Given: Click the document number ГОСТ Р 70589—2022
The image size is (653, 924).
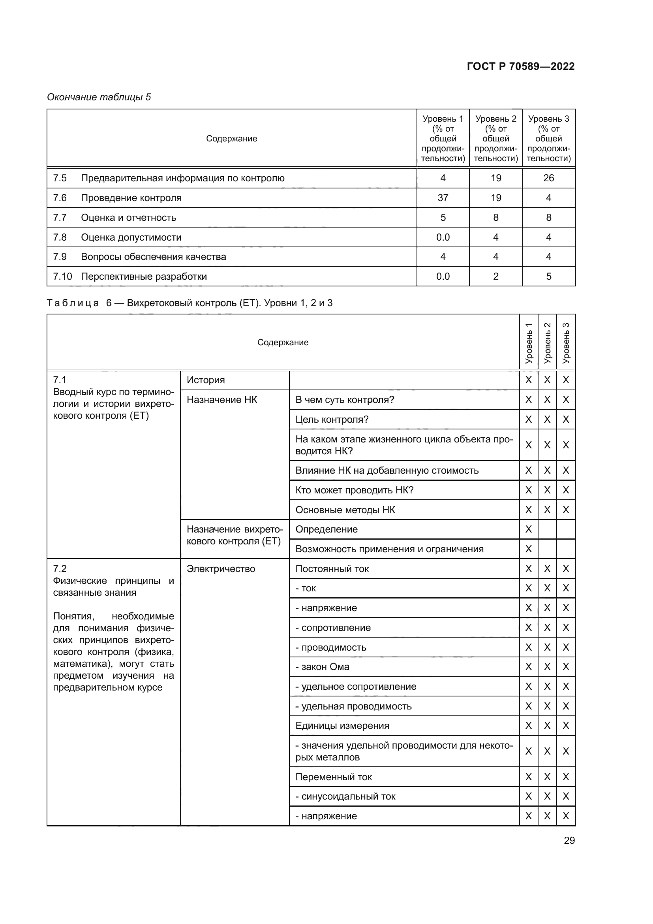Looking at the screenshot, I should (520, 66).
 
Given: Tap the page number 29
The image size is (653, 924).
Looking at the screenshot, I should (569, 840).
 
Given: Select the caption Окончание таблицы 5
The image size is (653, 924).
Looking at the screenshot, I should (99, 97).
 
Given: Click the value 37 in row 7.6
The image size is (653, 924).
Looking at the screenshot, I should (443, 198).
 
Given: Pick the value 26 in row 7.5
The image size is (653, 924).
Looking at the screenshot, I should (548, 178).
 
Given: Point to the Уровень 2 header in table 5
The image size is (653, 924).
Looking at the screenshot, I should (495, 138).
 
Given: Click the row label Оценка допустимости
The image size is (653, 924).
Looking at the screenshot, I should (131, 237).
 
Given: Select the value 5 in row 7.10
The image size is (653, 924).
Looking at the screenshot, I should (548, 277).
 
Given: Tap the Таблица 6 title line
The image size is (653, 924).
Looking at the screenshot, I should (190, 303).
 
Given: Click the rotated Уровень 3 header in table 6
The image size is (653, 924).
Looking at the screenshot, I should (566, 343).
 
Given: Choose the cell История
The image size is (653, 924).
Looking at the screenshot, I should (205, 380).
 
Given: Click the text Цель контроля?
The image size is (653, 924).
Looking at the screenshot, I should (332, 420).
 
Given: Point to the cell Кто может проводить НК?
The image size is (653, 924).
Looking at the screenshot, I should (354, 490).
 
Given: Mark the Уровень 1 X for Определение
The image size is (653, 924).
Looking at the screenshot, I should (528, 529).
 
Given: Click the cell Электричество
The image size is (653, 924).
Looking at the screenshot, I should (221, 568).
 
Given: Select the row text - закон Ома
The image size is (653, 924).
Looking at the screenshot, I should (322, 667).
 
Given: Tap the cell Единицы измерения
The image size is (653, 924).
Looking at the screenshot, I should (342, 726).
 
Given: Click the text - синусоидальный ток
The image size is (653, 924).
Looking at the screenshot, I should (345, 796).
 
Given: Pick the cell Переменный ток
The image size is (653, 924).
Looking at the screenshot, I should (333, 777).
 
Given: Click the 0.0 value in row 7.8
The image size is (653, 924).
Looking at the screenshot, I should (443, 237).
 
